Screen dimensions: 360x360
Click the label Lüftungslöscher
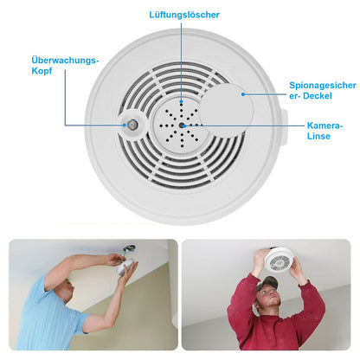[184, 15]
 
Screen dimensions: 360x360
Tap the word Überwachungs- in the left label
[65, 61]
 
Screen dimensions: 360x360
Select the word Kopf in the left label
[42, 71]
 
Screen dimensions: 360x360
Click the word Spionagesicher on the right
[323, 86]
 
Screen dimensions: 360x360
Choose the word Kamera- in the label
[325, 125]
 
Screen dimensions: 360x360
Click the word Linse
[318, 136]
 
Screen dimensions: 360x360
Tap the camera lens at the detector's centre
[182, 125]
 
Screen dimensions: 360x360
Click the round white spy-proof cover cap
[227, 111]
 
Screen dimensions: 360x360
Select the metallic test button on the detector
[132, 125]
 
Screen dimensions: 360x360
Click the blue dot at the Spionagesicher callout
[243, 94]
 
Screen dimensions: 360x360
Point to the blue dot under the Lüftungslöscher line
[181, 101]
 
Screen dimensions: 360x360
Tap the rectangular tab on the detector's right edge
[283, 127]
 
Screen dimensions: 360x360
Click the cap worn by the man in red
[267, 282]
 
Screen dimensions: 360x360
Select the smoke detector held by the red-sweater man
[279, 260]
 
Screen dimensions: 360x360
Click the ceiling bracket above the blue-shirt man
[129, 248]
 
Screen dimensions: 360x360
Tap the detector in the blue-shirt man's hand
[125, 267]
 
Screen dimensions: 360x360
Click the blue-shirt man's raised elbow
[49, 276]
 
